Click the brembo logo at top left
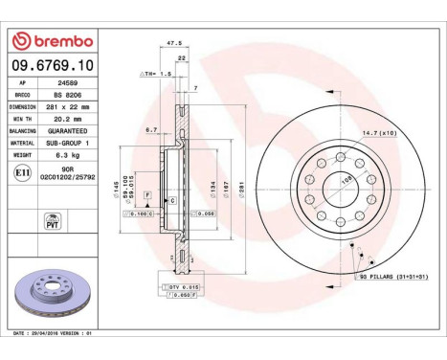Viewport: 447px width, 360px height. point(52,42)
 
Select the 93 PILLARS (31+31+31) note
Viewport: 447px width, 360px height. point(392,277)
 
